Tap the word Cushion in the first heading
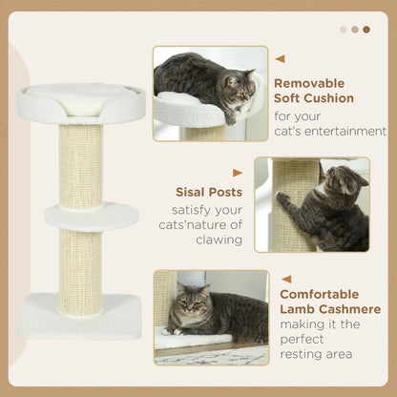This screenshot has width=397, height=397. [328, 98]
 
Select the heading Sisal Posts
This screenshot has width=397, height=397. [208, 193]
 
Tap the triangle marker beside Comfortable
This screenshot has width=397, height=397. [285, 280]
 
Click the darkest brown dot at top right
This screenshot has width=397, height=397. [366, 29]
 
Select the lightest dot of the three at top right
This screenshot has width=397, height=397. [344, 29]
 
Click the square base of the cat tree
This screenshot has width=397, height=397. [80, 315]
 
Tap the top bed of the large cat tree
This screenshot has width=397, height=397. [81, 101]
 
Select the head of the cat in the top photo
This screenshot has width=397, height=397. [237, 87]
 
